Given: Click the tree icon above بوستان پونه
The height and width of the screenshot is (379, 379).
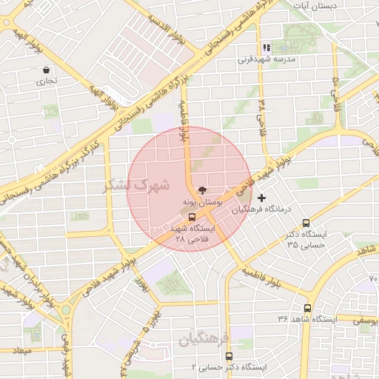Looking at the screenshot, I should [x=193, y=190].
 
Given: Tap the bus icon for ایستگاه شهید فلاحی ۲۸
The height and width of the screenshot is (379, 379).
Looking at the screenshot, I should [x=192, y=218].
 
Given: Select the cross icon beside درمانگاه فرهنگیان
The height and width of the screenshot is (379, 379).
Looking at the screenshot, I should [x=261, y=198].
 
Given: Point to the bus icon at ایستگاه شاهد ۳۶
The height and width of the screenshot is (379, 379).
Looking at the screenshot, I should [x=306, y=308].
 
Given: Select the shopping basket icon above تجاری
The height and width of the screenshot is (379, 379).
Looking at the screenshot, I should [x=47, y=71].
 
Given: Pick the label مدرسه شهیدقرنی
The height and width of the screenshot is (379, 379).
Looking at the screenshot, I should [x=274, y=58].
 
